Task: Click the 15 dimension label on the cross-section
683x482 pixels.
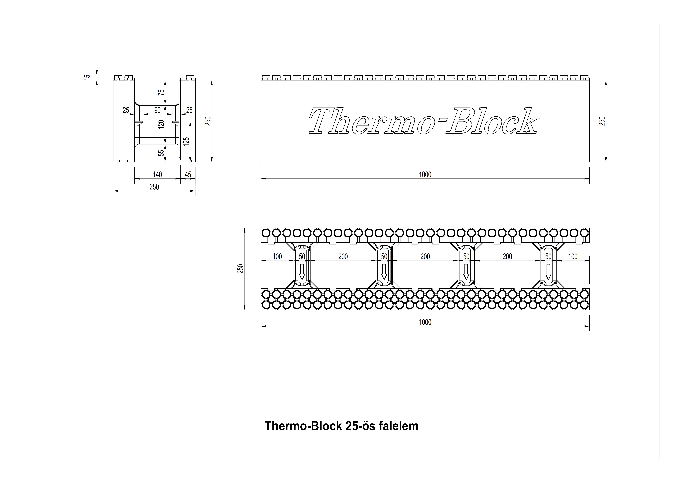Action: click(x=87, y=77)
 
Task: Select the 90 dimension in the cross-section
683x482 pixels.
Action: click(x=157, y=110)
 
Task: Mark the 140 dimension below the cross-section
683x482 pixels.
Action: click(x=157, y=174)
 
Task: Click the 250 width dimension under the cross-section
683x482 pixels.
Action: click(x=154, y=187)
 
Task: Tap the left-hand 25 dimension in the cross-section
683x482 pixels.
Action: click(x=126, y=110)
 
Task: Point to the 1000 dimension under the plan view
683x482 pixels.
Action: click(x=425, y=322)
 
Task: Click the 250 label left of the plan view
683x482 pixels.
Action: click(x=241, y=269)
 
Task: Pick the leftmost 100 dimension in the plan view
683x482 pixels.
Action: click(x=277, y=256)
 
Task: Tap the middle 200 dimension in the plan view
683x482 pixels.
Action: click(x=425, y=256)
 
